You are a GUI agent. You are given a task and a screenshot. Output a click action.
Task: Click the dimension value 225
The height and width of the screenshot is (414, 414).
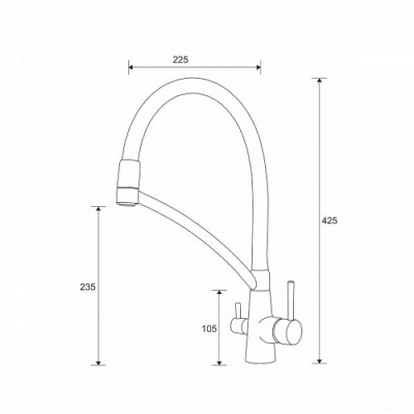click(x=181, y=60)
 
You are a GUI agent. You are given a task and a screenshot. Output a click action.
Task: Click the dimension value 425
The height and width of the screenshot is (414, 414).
click(x=330, y=220)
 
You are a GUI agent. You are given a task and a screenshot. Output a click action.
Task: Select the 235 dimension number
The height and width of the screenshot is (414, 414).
click(x=88, y=287)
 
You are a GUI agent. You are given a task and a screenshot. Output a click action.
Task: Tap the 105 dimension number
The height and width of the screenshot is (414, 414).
click(x=209, y=329)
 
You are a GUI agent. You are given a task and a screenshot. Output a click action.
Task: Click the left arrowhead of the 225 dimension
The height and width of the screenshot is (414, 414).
click(x=131, y=67)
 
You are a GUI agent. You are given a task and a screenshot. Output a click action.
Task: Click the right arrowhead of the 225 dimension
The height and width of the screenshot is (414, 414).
click(x=258, y=67)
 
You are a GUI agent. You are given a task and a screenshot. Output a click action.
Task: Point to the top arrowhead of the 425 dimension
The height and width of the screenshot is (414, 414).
click(x=320, y=80)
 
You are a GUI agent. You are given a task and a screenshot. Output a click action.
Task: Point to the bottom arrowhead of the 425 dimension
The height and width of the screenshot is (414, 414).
click(x=320, y=361)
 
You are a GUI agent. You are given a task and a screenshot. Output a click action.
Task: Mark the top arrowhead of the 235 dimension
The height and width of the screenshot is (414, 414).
click(x=98, y=209)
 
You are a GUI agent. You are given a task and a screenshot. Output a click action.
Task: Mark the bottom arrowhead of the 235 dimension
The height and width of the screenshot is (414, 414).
click(x=98, y=363)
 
